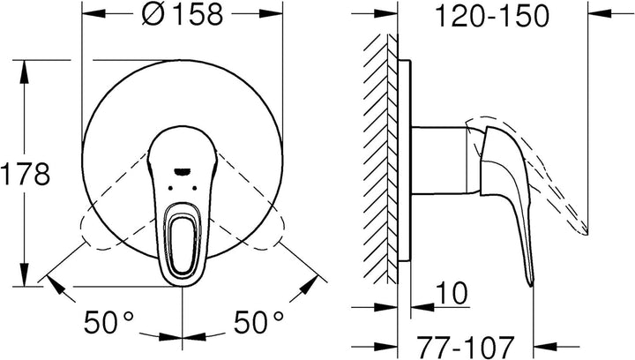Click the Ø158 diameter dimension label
(x=183, y=15)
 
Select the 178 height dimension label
(x=25, y=174)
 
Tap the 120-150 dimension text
(x=492, y=16)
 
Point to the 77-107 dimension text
(x=466, y=347)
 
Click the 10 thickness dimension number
(x=452, y=293)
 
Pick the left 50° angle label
(x=108, y=322)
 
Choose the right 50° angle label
(x=258, y=322)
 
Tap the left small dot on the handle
(x=170, y=188)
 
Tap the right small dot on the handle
(x=195, y=188)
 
